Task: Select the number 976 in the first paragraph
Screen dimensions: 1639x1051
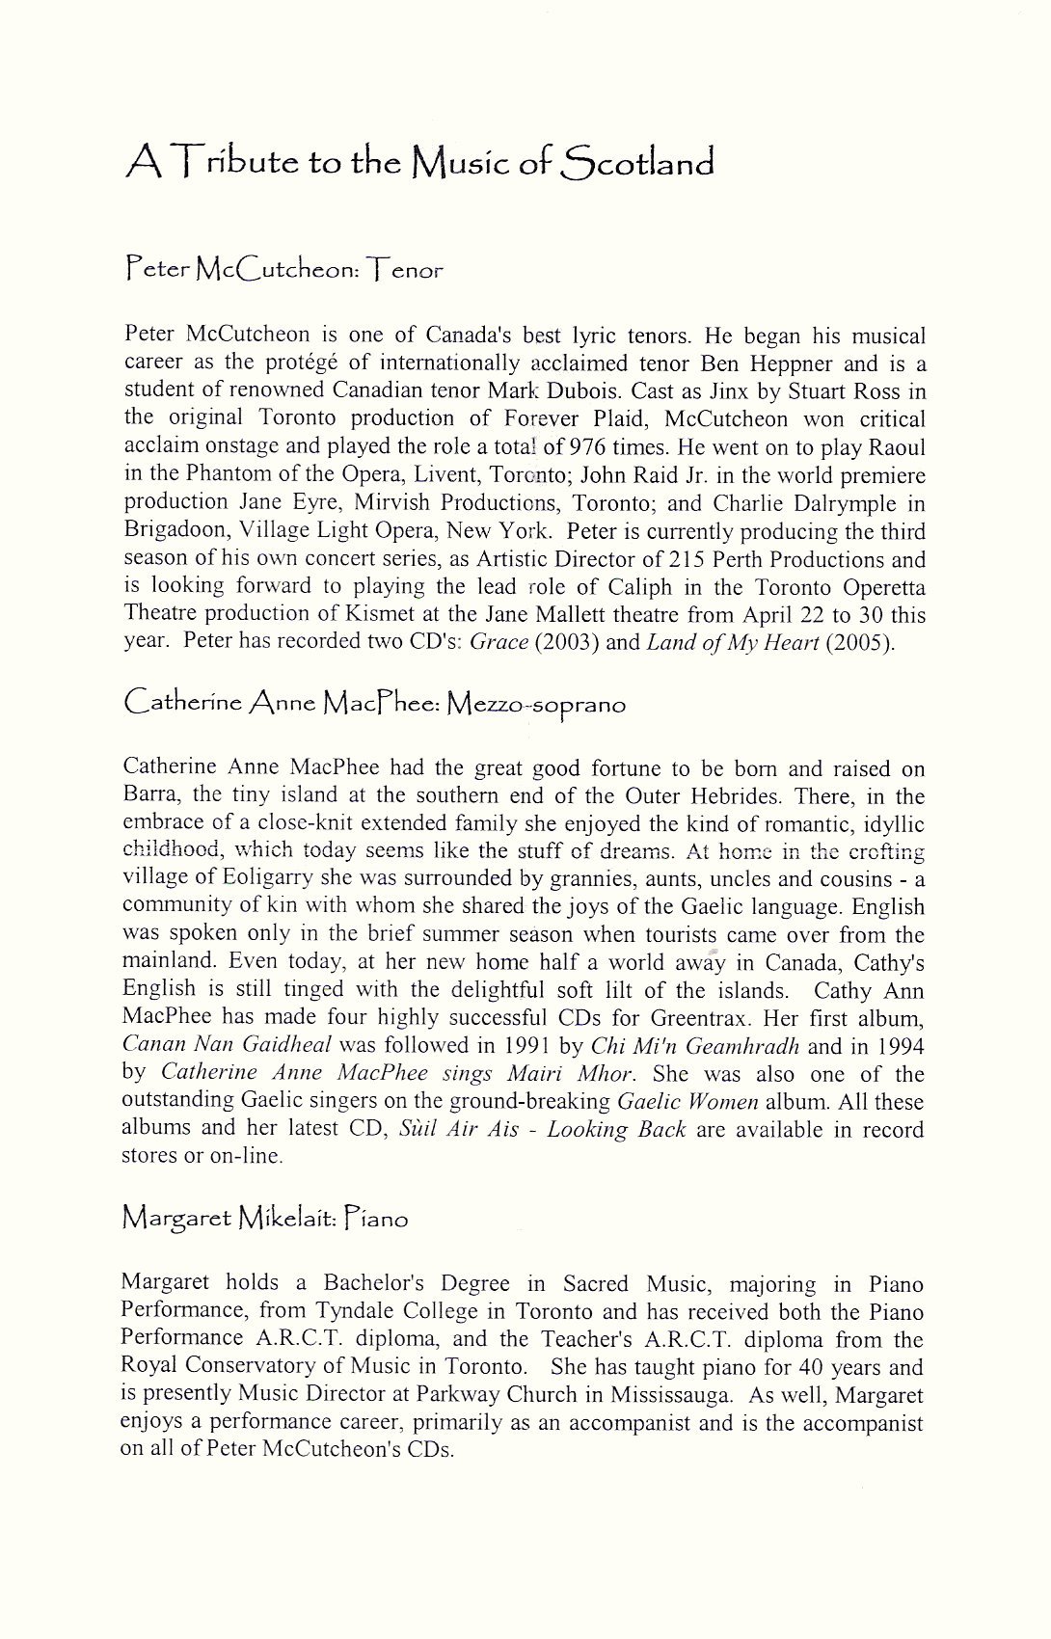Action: (587, 447)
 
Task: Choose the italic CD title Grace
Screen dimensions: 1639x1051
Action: (499, 642)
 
